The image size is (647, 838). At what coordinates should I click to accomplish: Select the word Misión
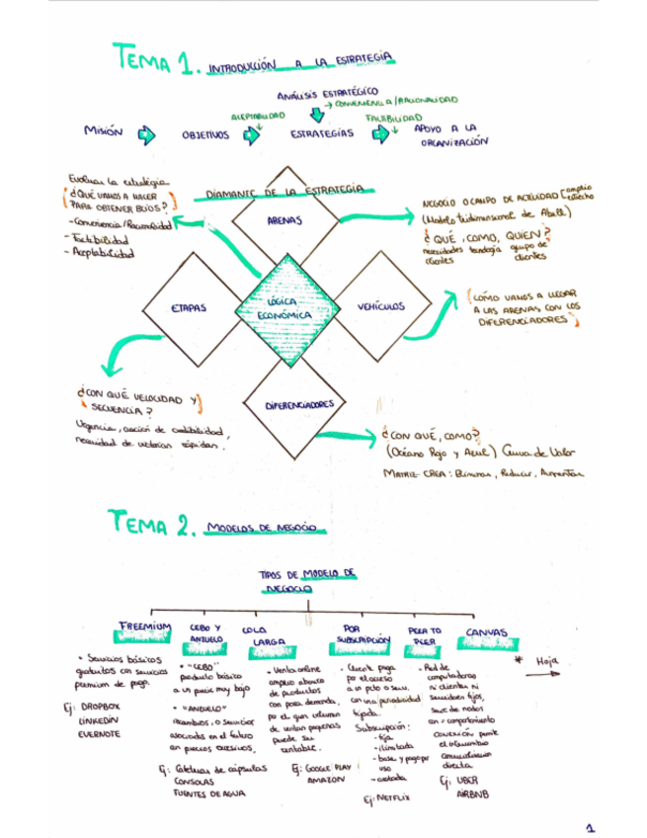[103, 131]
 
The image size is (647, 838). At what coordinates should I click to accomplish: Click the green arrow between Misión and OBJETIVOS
[147, 133]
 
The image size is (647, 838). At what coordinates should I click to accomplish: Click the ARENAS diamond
[284, 221]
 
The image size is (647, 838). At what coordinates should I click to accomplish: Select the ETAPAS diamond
[188, 307]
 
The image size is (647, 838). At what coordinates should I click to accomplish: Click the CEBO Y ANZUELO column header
[206, 633]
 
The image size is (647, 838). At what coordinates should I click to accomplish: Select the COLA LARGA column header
[261, 636]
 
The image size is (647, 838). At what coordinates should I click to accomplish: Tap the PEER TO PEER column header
[424, 635]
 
